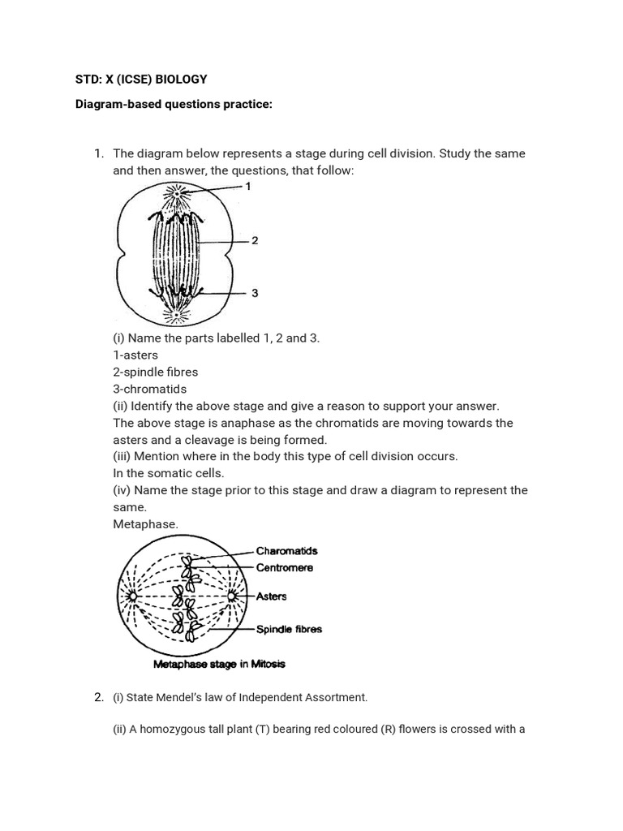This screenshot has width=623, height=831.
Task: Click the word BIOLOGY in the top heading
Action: click(x=182, y=79)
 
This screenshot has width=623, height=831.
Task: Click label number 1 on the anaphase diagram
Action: click(x=249, y=186)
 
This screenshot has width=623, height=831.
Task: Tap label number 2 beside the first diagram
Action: click(x=255, y=241)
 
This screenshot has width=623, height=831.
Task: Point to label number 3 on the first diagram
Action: click(x=255, y=293)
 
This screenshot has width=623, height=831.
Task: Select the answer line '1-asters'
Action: click(x=135, y=355)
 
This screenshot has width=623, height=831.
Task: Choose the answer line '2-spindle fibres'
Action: click(x=155, y=372)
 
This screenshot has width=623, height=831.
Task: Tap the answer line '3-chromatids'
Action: click(x=149, y=389)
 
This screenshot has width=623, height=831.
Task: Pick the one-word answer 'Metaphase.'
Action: click(x=145, y=524)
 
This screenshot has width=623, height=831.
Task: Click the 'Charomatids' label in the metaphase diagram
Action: click(x=286, y=551)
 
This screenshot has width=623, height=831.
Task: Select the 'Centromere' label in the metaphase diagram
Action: click(x=284, y=567)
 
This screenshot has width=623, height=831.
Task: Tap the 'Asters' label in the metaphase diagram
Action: click(x=271, y=596)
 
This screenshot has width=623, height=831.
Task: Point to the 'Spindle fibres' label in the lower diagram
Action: click(x=289, y=629)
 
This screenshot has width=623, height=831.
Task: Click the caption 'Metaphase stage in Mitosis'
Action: click(x=219, y=664)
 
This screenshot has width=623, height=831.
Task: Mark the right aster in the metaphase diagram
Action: click(x=231, y=597)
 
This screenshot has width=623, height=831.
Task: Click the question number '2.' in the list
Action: click(x=99, y=697)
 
